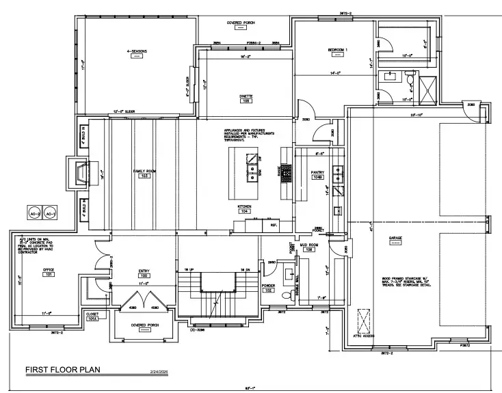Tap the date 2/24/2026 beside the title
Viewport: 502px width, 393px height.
[153, 372]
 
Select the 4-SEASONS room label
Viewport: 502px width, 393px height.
[137, 51]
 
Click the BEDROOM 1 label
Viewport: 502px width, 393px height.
[337, 51]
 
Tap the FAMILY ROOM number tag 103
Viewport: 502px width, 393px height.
[144, 176]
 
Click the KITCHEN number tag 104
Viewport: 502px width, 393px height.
[244, 211]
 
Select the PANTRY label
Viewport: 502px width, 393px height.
[317, 173]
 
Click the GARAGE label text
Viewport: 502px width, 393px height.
[395, 239]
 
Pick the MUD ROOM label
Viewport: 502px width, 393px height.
[306, 243]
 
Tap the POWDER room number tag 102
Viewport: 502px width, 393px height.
[268, 290]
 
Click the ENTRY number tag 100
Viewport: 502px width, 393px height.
[144, 275]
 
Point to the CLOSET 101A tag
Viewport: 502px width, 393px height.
[92, 319]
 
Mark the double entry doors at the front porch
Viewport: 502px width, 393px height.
[144, 299]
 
